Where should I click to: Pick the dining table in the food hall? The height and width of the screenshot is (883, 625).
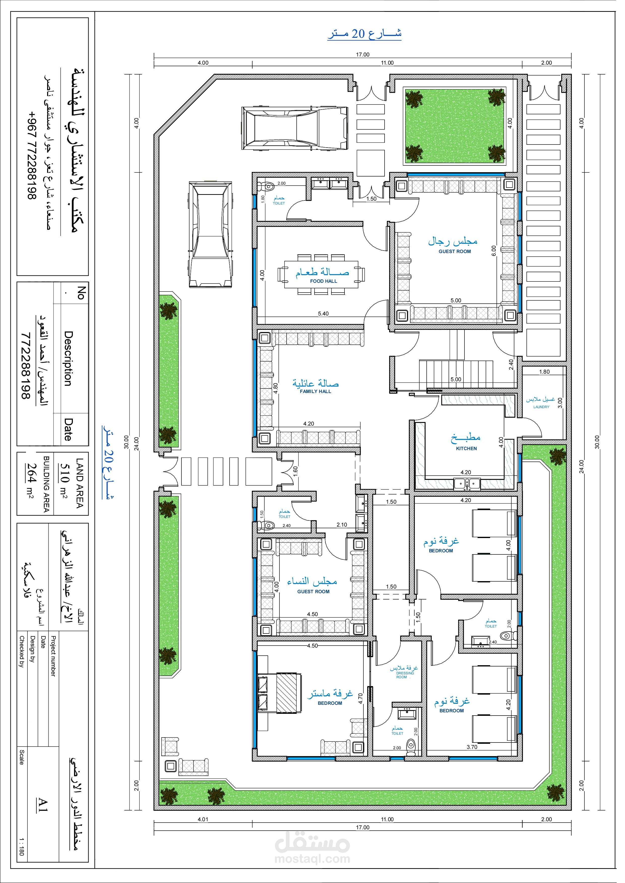pos(323,274)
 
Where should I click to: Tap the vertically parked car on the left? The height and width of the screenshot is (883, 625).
pos(211,235)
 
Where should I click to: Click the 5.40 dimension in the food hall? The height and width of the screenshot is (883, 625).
pos(323,313)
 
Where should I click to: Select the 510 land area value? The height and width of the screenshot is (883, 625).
pos(64,473)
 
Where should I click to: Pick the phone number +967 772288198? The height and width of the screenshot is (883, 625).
pos(32,155)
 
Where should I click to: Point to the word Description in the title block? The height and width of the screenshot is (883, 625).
pos(68,359)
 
